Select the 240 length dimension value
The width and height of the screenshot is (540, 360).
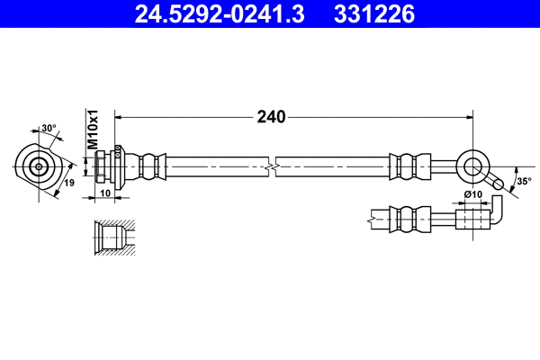(x=271, y=117)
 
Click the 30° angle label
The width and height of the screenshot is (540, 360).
(x=48, y=128)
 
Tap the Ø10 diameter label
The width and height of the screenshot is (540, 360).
(x=473, y=194)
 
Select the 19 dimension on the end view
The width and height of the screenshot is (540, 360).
(x=68, y=184)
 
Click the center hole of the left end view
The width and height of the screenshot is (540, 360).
(x=39, y=166)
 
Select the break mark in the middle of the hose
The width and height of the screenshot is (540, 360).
(x=271, y=166)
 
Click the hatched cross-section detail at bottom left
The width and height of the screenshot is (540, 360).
(x=112, y=238)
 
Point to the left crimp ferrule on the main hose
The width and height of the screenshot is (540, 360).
(x=149, y=166)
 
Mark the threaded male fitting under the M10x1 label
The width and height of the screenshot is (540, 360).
(x=112, y=166)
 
